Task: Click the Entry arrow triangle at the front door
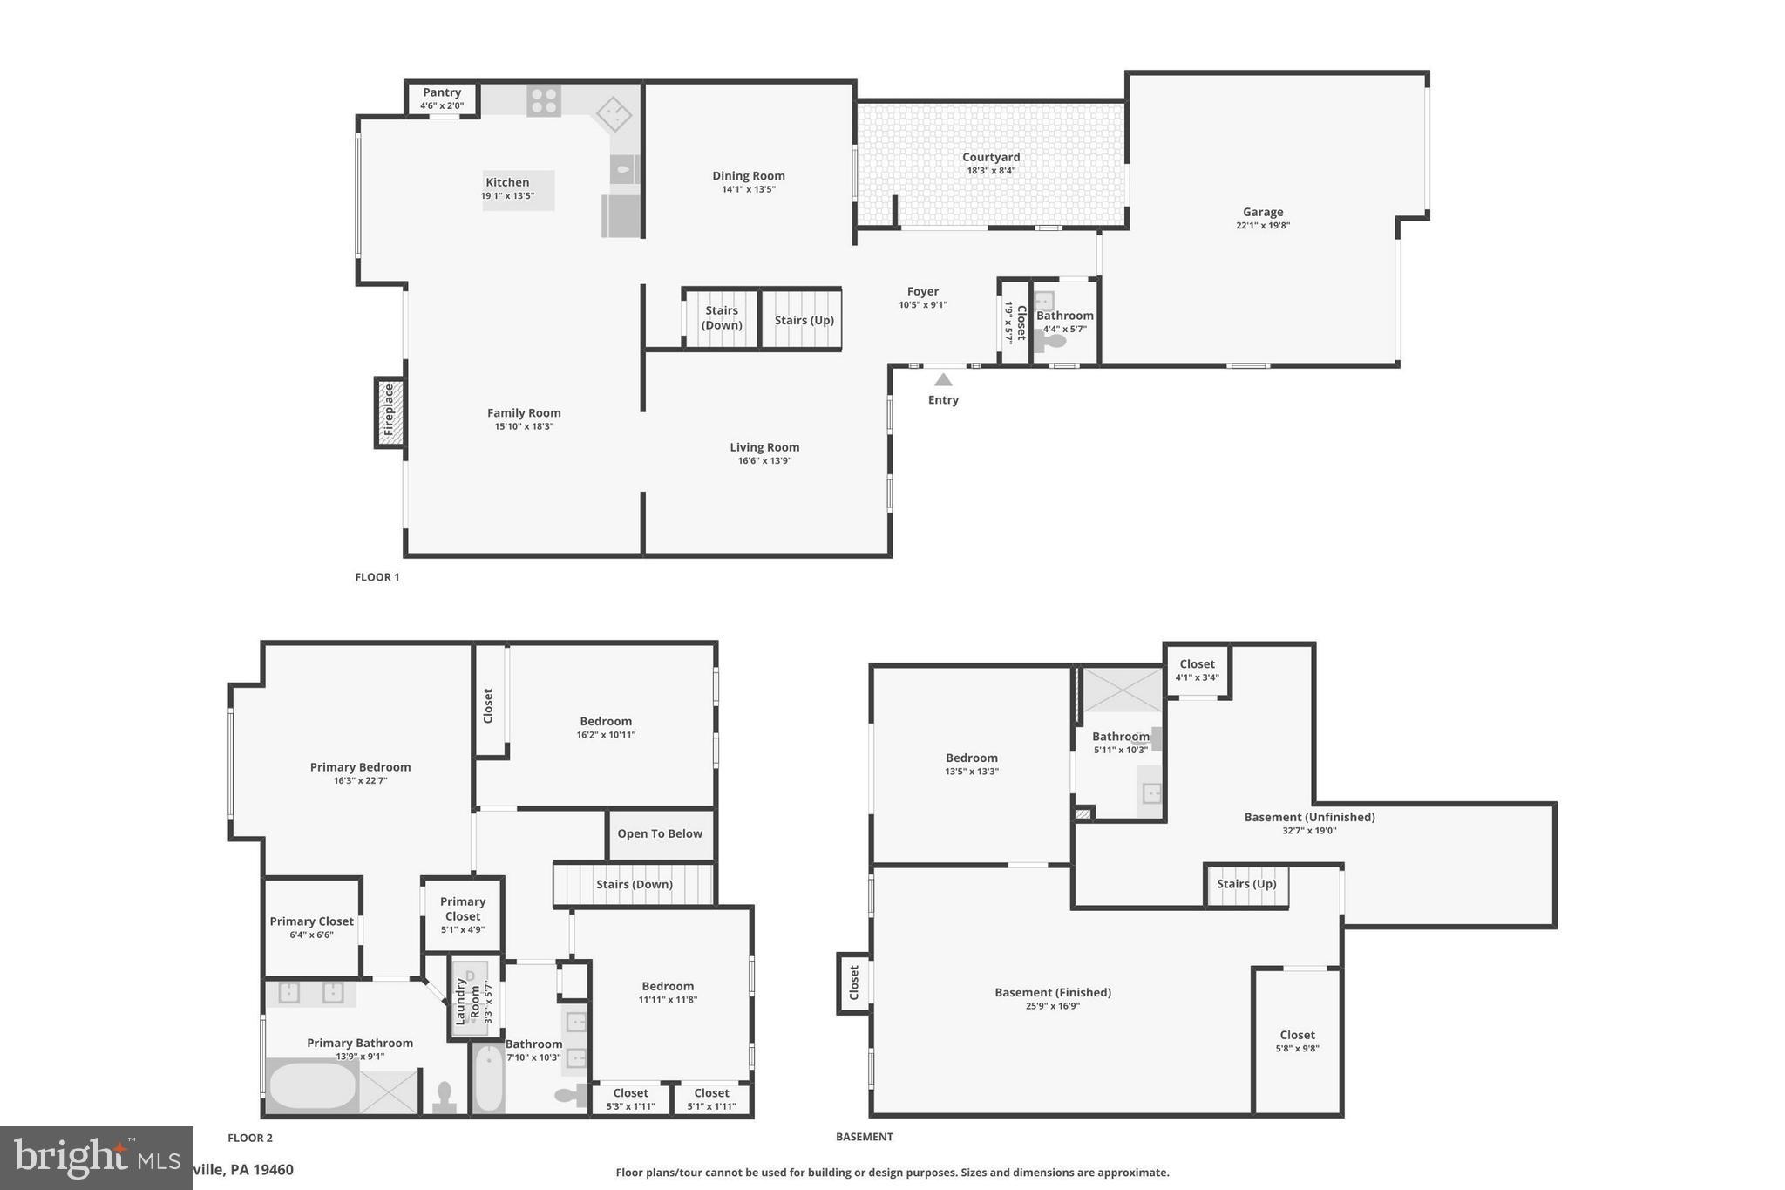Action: (943, 379)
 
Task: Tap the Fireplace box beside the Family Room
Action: (390, 412)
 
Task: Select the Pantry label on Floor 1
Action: (442, 92)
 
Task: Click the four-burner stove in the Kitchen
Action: (543, 100)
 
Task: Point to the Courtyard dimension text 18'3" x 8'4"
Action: (991, 171)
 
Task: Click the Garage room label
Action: (1263, 212)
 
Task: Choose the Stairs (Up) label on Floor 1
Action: (804, 320)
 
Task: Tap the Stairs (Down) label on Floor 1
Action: (722, 317)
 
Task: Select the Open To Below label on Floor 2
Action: (660, 833)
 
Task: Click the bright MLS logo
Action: (96, 1158)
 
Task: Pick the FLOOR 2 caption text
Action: (250, 1138)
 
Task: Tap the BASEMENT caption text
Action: (864, 1137)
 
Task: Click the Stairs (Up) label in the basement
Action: (1246, 884)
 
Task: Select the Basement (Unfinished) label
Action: (1309, 817)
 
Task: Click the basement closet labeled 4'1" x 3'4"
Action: (1197, 670)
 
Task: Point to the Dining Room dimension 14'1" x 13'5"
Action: (748, 189)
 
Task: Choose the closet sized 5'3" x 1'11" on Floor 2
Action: (630, 1099)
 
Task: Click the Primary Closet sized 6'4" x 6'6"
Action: (311, 928)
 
